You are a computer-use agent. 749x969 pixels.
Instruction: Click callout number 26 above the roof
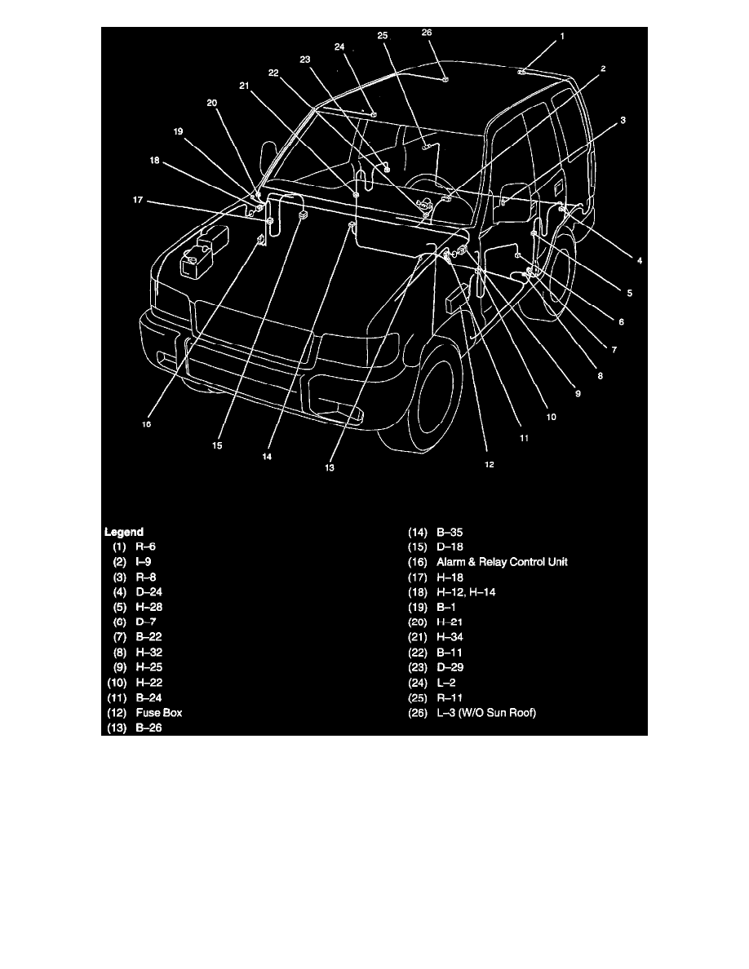[x=427, y=32]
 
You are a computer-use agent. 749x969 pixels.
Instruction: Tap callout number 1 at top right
[x=561, y=37]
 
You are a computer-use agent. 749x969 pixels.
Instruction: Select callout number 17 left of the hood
[x=138, y=200]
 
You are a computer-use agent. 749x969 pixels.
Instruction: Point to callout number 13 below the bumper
[x=330, y=468]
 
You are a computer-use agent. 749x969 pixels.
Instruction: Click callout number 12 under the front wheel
[x=489, y=464]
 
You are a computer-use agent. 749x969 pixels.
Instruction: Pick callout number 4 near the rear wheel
[x=640, y=261]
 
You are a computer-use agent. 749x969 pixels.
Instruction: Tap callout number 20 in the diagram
[x=212, y=103]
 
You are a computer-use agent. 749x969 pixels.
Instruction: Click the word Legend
[x=123, y=532]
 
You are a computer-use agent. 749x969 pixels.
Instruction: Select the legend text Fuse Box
[x=159, y=713]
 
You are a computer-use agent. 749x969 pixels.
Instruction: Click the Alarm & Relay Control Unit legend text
[x=502, y=562]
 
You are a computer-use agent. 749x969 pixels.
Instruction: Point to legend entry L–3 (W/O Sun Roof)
[x=485, y=713]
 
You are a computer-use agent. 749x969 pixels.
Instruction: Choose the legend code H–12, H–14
[x=466, y=592]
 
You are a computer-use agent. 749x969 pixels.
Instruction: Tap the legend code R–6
[x=146, y=546]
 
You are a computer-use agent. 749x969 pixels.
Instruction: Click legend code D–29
[x=450, y=667]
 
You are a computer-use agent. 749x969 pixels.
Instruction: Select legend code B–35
[x=450, y=532]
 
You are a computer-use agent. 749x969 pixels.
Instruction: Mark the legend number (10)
[x=117, y=683]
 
